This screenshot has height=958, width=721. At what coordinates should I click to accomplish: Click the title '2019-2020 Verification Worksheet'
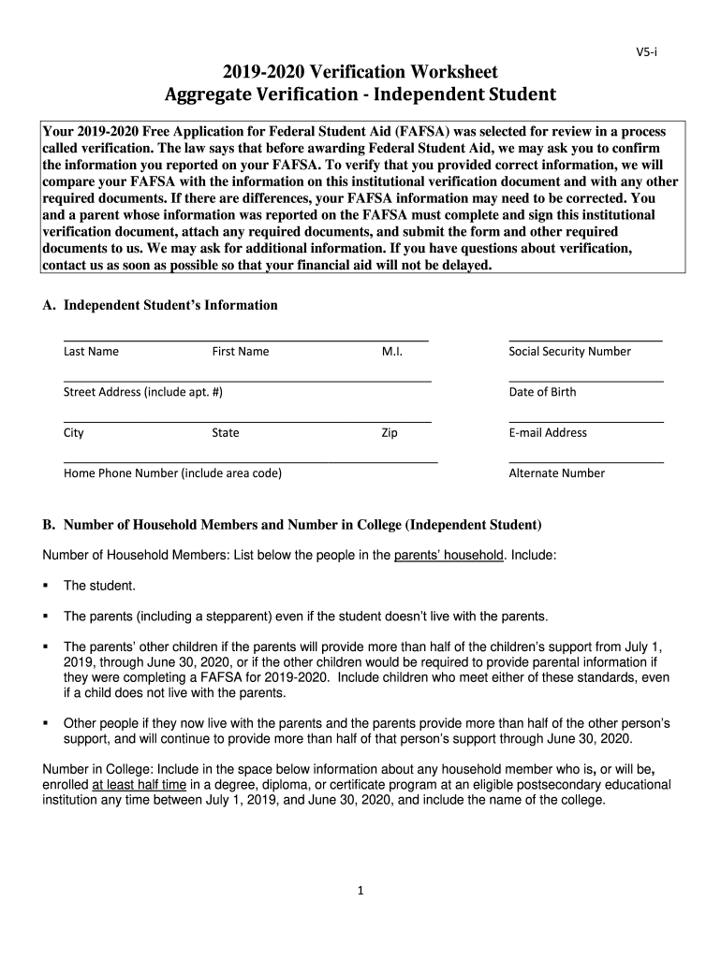coord(360,72)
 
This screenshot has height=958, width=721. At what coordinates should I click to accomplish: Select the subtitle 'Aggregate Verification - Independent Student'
coord(360,94)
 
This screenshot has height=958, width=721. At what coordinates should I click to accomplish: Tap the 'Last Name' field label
coord(91,352)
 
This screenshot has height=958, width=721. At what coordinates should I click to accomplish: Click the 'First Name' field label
coord(240,352)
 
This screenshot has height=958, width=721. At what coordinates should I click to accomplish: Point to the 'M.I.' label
coord(391,352)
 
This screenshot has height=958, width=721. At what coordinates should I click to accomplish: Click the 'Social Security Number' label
coord(569,352)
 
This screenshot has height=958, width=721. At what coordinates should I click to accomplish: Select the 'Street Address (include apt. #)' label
coord(142,392)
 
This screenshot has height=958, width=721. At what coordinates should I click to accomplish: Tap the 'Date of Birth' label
coord(542,392)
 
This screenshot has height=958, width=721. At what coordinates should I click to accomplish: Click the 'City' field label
coord(73,433)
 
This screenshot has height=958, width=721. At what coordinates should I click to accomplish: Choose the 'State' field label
coord(225,433)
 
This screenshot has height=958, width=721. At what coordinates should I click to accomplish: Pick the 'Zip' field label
coord(389,433)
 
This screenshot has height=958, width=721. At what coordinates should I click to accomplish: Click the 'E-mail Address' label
coord(548,433)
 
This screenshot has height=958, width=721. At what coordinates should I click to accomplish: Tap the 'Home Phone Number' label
coord(172,473)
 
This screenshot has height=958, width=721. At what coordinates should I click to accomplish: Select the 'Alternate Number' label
coord(556,473)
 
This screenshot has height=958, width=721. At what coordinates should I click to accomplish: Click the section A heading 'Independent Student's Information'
coord(169,305)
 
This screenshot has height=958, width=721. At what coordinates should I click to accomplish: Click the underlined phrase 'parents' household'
coord(449,555)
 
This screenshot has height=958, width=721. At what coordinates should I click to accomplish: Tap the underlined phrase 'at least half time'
coord(139,785)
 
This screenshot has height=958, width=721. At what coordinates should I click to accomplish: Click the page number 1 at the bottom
coord(360,891)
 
